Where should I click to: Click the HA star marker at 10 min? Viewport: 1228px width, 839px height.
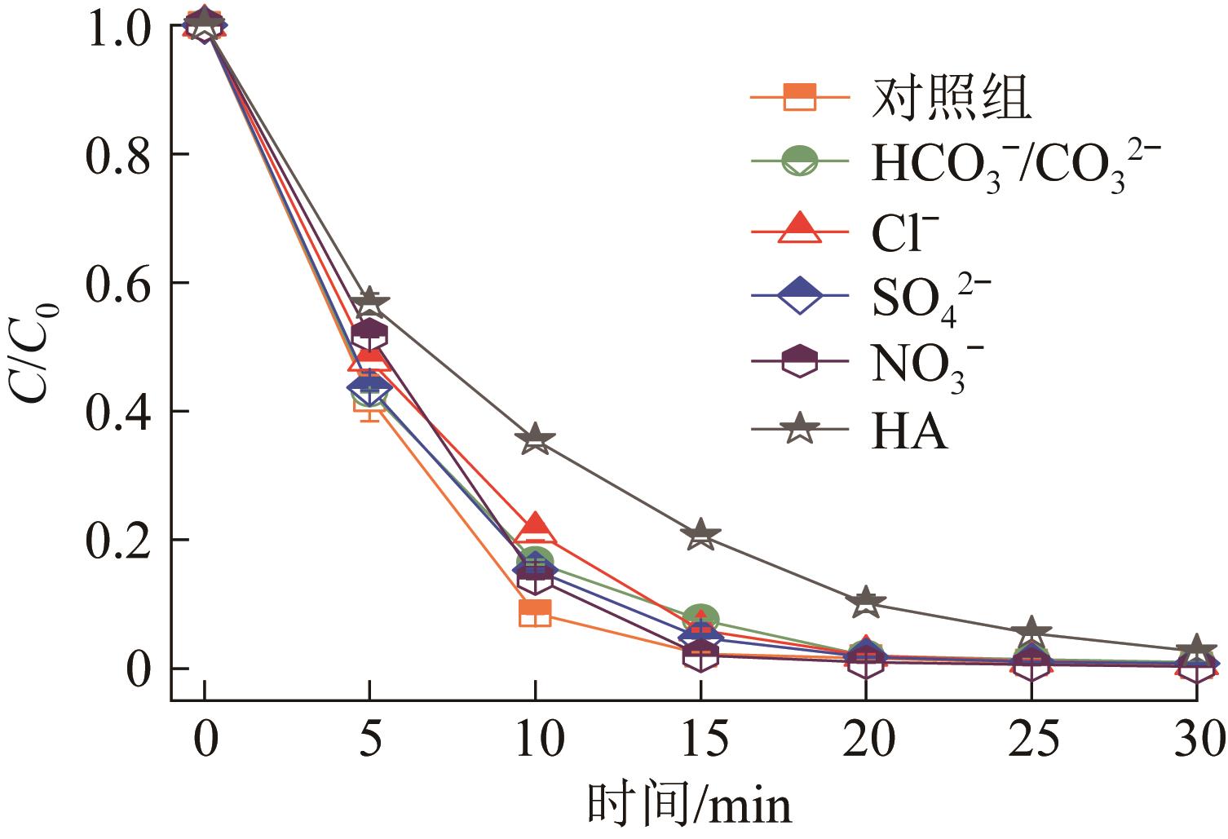[x=535, y=439]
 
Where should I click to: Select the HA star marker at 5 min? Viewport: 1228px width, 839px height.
[x=369, y=301]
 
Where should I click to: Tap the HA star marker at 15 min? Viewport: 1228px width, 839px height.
[x=700, y=535]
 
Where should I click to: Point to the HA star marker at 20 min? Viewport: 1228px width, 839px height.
[x=865, y=602]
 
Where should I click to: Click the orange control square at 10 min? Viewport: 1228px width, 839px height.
[x=535, y=612]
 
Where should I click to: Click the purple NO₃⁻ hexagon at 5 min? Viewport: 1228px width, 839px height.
[x=369, y=334]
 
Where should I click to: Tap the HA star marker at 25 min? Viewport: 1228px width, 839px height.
[x=1031, y=632]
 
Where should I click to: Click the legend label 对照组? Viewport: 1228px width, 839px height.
[x=952, y=98]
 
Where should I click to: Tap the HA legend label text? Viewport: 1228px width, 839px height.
[x=909, y=430]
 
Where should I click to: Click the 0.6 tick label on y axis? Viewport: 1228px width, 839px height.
[x=117, y=283]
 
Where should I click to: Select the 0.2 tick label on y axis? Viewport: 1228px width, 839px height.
[x=117, y=540]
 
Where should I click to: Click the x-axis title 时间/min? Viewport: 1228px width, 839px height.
[x=690, y=806]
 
